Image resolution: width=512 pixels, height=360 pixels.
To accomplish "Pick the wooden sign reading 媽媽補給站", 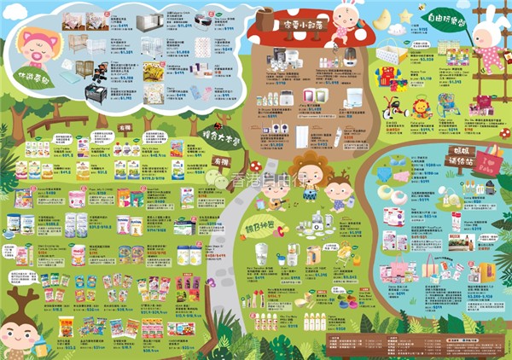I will coord(460,158).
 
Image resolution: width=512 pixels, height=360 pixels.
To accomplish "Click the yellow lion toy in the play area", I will coord(422,108).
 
